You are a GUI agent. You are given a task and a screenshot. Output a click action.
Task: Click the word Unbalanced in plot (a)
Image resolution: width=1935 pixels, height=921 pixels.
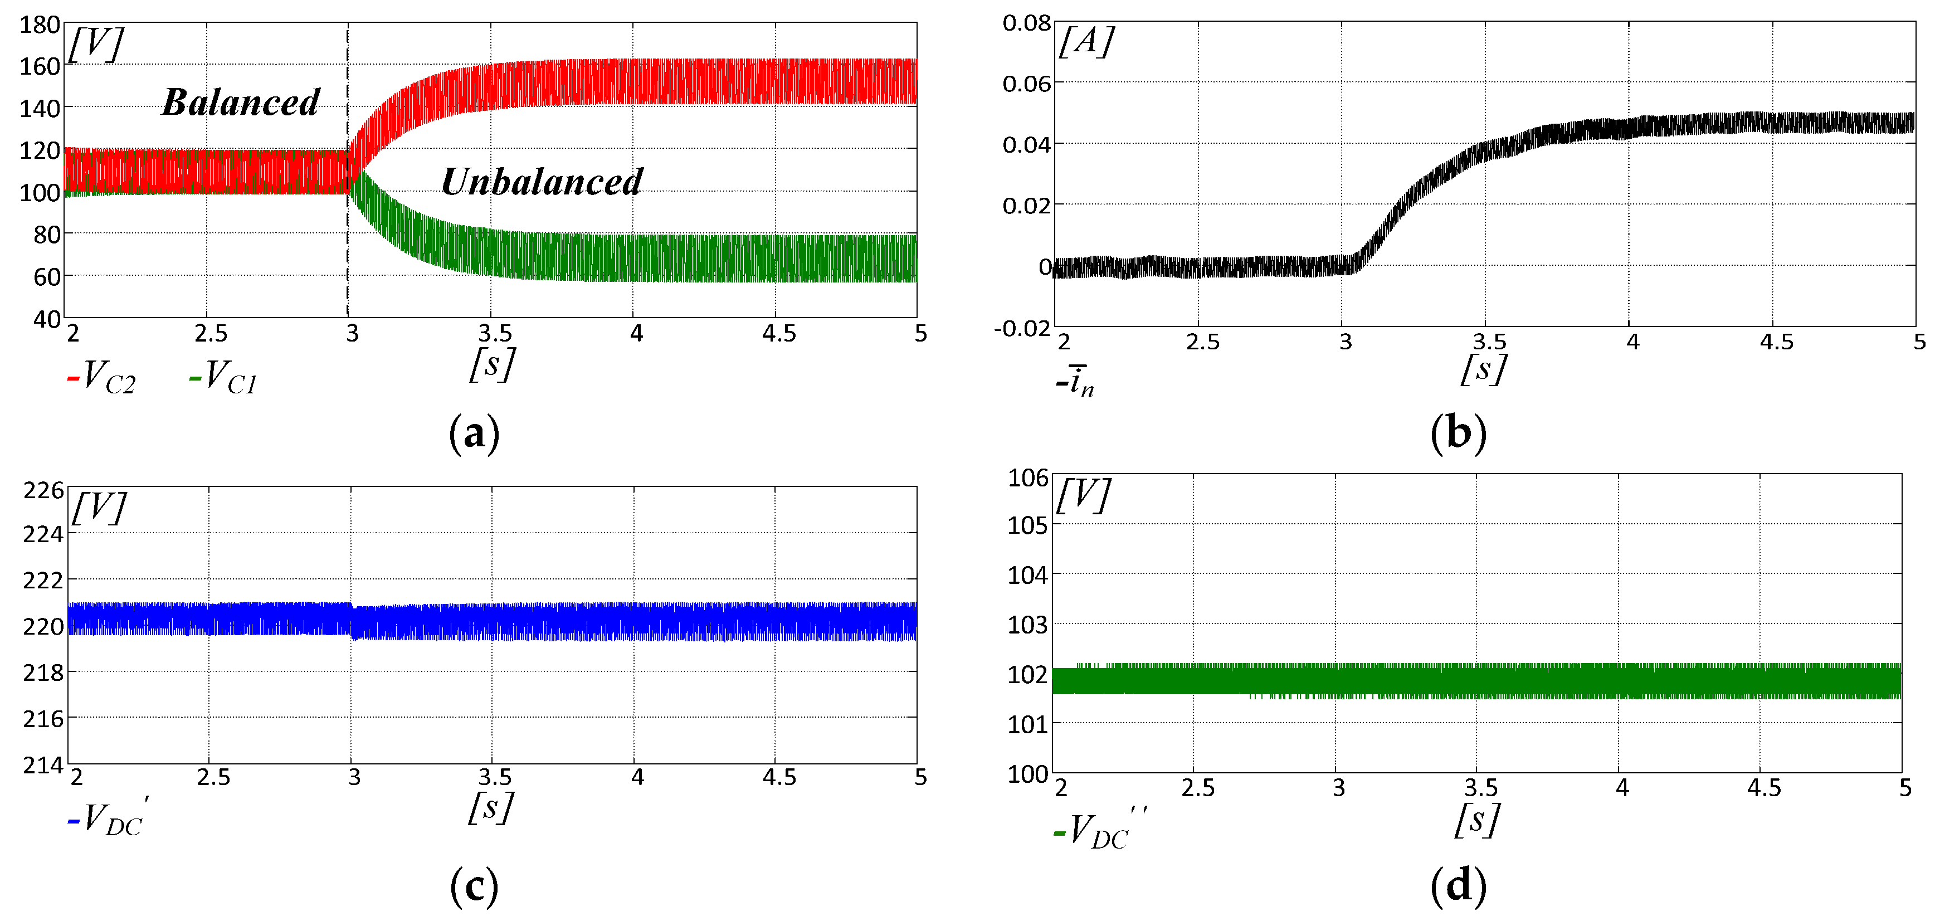(542, 182)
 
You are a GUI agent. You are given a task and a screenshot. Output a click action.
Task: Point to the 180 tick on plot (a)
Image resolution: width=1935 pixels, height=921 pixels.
(39, 25)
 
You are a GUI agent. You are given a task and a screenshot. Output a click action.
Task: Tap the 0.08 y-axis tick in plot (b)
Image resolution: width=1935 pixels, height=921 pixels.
(1026, 23)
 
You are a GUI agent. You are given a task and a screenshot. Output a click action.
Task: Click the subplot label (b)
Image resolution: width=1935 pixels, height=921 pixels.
(1458, 433)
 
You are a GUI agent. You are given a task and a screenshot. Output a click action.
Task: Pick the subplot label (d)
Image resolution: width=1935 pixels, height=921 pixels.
(1458, 886)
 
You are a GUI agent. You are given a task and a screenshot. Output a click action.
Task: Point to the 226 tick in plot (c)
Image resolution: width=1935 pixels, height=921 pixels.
(43, 490)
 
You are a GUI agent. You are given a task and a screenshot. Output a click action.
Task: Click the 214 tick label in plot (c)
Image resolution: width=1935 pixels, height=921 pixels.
(43, 765)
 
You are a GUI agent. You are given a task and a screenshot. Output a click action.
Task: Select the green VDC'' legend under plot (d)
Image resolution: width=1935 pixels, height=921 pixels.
(1099, 830)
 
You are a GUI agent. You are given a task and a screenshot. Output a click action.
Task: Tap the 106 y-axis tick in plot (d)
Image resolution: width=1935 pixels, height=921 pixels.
(1027, 478)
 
